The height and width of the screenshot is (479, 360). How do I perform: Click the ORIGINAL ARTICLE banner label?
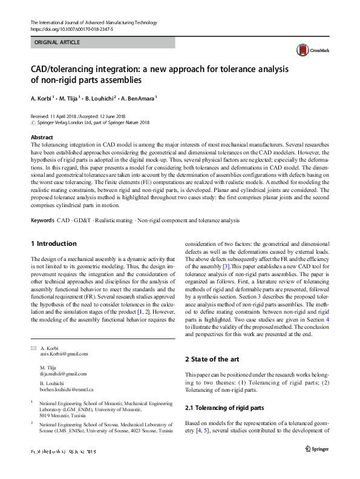click(x=57, y=42)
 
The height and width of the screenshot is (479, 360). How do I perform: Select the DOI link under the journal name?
click(x=71, y=28)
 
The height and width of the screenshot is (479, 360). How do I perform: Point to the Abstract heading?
click(x=42, y=138)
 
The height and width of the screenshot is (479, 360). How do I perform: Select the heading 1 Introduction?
click(x=54, y=243)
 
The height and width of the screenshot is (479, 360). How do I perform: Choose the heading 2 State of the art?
click(x=211, y=360)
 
